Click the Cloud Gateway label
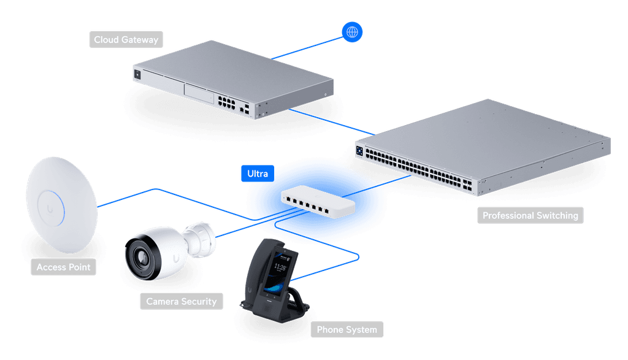[x=126, y=40]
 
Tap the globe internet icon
[x=352, y=32]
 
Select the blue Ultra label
[x=258, y=174]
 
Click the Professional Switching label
[x=530, y=215]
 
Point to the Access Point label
[x=63, y=267]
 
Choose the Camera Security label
[x=181, y=301]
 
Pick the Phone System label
[x=347, y=330]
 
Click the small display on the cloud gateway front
[x=137, y=74]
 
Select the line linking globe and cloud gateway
[x=307, y=46]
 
